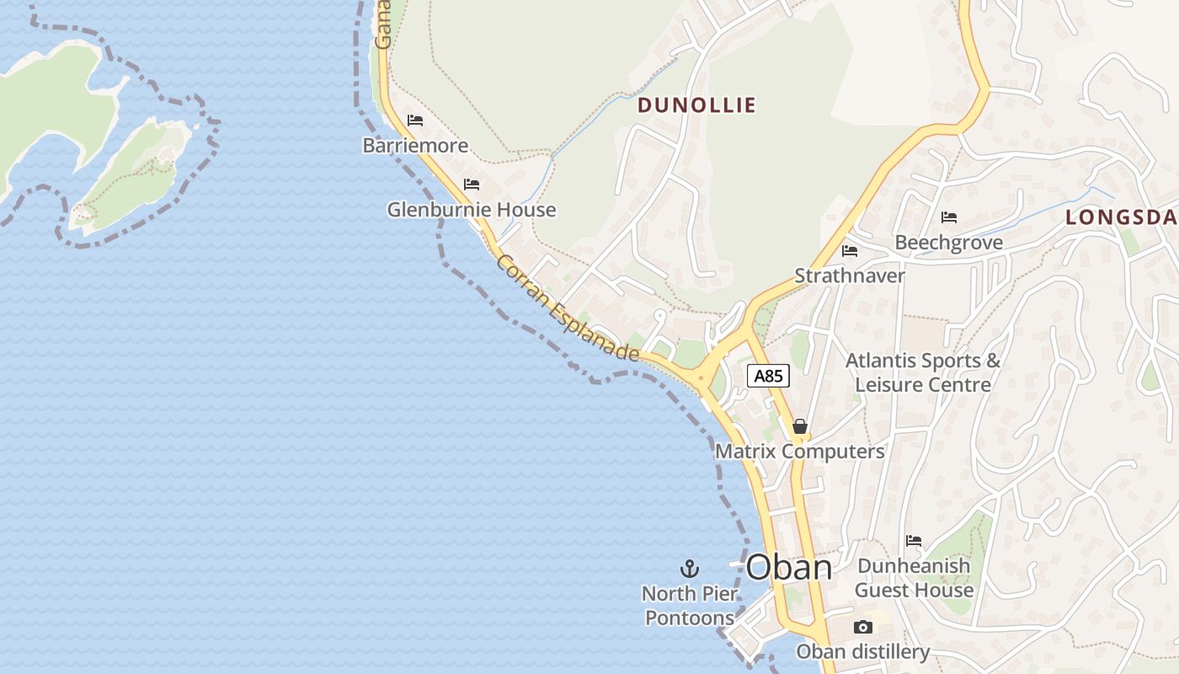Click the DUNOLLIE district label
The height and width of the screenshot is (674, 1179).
[x=696, y=105]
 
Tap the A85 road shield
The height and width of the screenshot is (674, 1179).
[x=768, y=376]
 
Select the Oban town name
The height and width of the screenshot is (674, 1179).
[x=789, y=567]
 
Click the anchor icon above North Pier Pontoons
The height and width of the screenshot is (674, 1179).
[x=690, y=569]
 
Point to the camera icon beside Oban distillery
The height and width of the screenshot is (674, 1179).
[x=863, y=627]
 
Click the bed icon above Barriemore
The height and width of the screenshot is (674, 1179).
[x=415, y=120]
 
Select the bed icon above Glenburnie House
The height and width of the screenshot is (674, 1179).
[x=472, y=184]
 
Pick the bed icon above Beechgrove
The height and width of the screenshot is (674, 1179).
[x=949, y=217]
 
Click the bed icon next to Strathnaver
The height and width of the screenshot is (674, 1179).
[x=850, y=251]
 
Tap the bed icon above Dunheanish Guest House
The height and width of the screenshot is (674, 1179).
[x=914, y=541]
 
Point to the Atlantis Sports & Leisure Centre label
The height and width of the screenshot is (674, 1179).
[x=923, y=372]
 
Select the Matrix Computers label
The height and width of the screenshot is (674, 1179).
[x=799, y=452]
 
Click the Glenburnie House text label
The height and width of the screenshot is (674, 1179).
[x=472, y=209]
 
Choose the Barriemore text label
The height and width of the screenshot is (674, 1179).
[x=415, y=146]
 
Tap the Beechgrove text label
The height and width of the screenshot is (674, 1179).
[x=949, y=243]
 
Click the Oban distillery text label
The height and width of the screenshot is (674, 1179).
[x=863, y=651]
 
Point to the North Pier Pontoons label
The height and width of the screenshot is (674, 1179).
[x=690, y=606]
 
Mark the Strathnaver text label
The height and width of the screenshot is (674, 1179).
[x=850, y=275]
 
